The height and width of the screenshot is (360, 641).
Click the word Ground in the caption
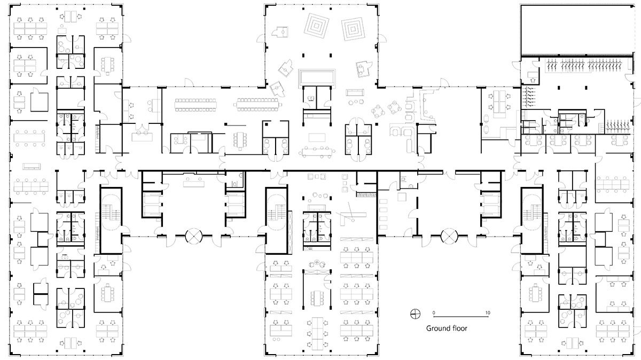(x=437, y=328)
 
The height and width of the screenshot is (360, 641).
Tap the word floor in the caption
(x=459, y=328)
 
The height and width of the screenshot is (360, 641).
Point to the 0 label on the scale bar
(x=434, y=311)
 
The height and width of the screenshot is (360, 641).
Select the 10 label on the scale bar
(x=487, y=311)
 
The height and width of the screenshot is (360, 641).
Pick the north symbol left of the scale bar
(x=414, y=314)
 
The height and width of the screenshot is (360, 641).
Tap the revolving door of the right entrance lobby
(x=449, y=236)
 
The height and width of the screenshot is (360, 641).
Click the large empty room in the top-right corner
(x=576, y=30)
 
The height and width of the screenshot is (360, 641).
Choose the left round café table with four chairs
(x=379, y=111)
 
